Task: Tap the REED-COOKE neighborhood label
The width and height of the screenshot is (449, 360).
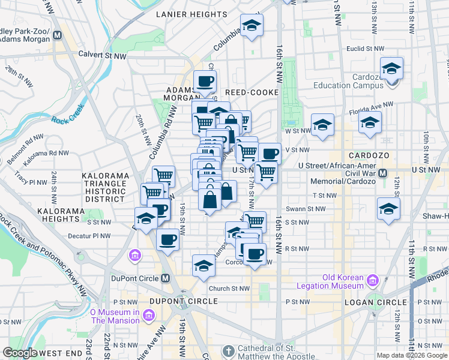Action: click(x=252, y=92)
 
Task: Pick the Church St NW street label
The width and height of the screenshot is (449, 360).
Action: click(x=229, y=289)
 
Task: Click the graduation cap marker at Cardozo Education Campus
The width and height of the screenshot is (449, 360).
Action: click(x=391, y=70)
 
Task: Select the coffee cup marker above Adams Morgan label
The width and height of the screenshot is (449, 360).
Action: click(x=205, y=81)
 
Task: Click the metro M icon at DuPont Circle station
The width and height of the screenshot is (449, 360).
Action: click(x=166, y=278)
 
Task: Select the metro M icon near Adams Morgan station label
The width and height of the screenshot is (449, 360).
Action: click(x=58, y=34)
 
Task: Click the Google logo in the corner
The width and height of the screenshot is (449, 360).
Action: click(x=20, y=353)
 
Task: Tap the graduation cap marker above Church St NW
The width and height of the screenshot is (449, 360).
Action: click(x=203, y=265)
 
